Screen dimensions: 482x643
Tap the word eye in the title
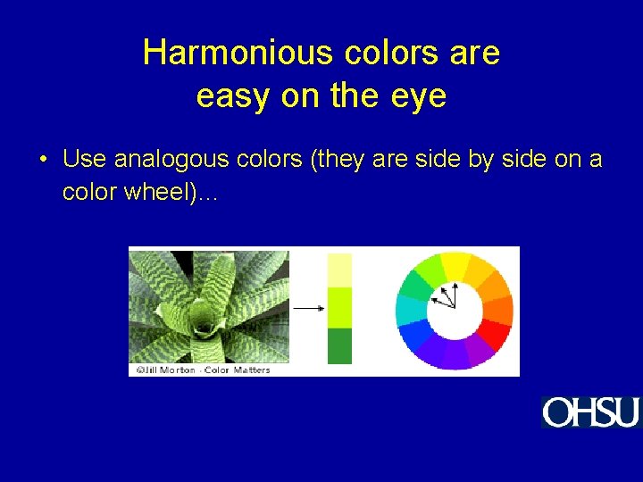tap(419, 96)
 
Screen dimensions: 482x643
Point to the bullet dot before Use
tap(43, 162)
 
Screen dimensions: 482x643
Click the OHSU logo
tap(590, 412)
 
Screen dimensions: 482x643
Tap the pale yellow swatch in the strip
tap(340, 270)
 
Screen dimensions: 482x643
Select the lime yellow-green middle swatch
tap(340, 307)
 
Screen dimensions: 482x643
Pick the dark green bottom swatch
tap(340, 345)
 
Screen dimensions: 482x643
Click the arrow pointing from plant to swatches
tap(308, 309)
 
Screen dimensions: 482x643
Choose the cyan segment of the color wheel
tap(412, 309)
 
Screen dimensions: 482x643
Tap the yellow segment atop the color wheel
tap(455, 265)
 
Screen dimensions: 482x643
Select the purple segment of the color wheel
tap(479, 350)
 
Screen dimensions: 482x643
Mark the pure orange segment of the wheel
tap(499, 310)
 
